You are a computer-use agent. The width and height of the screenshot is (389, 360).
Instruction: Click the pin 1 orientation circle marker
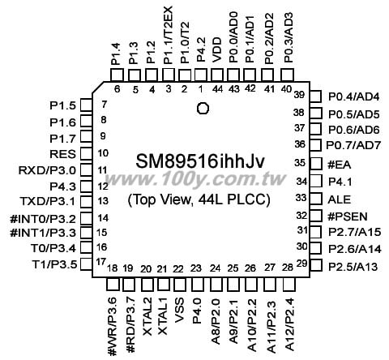[203, 109]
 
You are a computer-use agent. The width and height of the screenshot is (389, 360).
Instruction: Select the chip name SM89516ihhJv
[200, 161]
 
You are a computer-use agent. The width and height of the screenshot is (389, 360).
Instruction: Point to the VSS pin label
[179, 311]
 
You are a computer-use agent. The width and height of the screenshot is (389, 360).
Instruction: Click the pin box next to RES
[86, 153]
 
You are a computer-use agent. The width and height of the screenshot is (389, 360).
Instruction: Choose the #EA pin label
[339, 165]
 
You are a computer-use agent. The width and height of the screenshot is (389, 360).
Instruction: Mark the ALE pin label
[339, 199]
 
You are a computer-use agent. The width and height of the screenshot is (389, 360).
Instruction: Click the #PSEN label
[348, 216]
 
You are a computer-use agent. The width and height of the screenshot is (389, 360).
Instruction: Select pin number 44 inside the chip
[217, 89]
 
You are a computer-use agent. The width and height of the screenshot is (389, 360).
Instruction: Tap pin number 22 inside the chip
[178, 269]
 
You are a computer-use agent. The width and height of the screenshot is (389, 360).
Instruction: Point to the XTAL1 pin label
[163, 316]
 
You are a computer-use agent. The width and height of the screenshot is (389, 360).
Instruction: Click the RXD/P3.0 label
[47, 171]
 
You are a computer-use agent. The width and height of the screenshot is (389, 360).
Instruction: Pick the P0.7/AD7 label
[353, 145]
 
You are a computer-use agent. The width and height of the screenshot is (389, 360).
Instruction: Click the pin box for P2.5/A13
[316, 265]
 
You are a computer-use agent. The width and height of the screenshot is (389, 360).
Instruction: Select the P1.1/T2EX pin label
[168, 36]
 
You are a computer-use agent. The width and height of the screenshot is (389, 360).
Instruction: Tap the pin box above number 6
[117, 75]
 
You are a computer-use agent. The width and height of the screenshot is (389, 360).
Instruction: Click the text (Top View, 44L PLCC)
[199, 200]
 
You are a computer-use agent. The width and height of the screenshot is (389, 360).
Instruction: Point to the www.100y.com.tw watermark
[195, 179]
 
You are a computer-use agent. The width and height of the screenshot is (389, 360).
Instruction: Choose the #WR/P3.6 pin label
[112, 327]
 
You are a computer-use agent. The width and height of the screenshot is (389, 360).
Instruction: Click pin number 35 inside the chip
[300, 163]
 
